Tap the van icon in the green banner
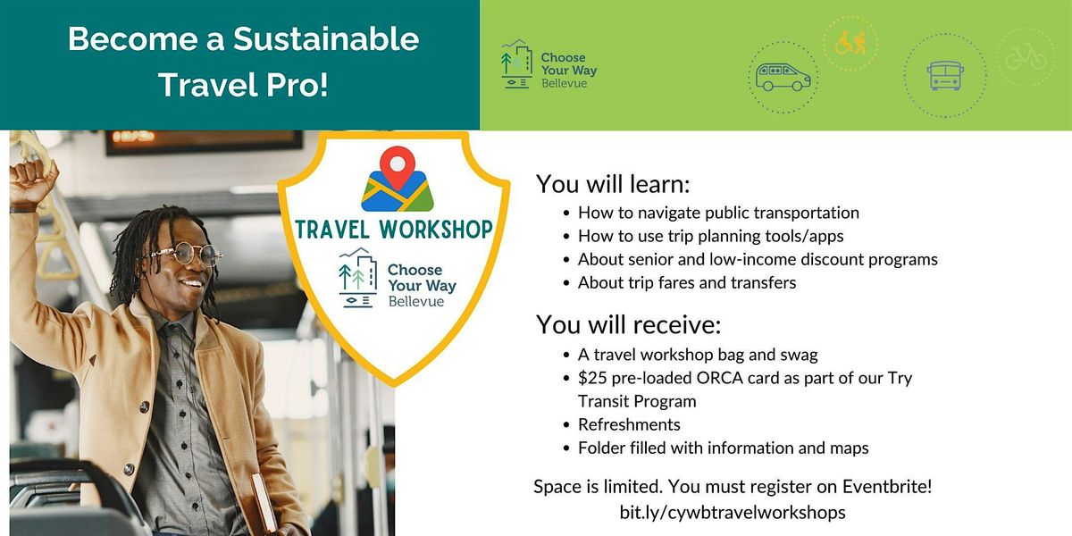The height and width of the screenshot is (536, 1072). click(x=783, y=77)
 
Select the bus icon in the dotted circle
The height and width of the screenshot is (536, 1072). click(x=945, y=76)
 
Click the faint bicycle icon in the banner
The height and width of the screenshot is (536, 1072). click(x=1026, y=58)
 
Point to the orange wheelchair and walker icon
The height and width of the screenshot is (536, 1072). click(x=850, y=42)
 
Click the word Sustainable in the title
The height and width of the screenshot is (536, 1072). click(x=326, y=38)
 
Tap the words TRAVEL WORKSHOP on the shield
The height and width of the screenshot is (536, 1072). click(x=394, y=230)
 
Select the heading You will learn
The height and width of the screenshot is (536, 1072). click(x=613, y=184)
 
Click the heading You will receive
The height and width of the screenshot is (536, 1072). click(x=628, y=324)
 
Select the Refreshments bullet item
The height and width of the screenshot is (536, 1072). click(x=629, y=424)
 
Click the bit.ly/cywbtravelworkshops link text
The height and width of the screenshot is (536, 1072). click(x=733, y=513)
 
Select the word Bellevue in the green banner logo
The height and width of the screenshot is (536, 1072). click(x=565, y=83)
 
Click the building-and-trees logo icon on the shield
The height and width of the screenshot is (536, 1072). click(x=357, y=277)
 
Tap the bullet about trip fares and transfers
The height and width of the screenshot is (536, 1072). click(x=687, y=283)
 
